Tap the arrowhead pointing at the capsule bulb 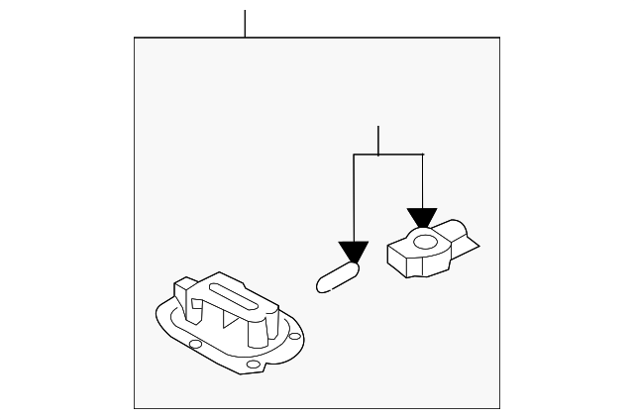[353, 252]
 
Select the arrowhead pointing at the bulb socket [422, 218]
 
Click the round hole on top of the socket [424, 241]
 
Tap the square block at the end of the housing [186, 294]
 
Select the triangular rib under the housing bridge [230, 320]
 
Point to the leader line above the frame [245, 23]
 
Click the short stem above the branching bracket [378, 141]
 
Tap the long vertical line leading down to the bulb [354, 198]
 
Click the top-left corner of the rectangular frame [135, 38]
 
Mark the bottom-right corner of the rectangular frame [499, 407]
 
